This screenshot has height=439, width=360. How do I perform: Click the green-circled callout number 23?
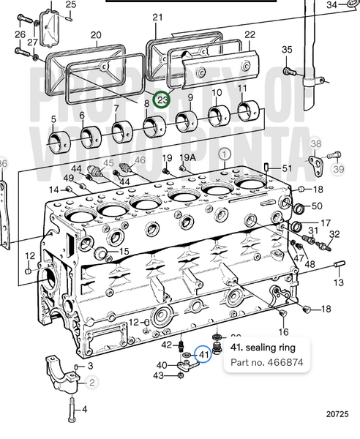(x=162, y=100)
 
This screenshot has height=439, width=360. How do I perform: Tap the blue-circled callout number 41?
(x=203, y=354)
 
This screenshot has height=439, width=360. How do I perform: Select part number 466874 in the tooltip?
(x=285, y=362)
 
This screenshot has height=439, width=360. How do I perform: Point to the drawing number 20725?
(x=337, y=414)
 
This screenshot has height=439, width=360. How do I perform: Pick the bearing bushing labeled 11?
(x=248, y=111)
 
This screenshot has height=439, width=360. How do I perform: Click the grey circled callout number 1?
(x=225, y=154)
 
